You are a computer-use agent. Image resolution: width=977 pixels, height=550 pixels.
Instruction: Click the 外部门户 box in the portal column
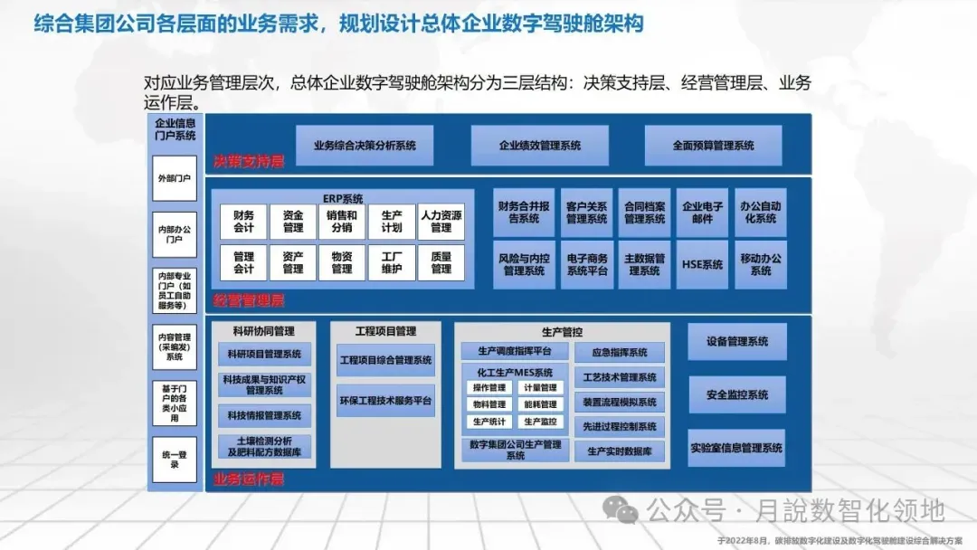point(174,179)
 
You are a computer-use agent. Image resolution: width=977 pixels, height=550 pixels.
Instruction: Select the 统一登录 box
point(174,459)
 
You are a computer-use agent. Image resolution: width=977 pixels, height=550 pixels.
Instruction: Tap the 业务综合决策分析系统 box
point(365,146)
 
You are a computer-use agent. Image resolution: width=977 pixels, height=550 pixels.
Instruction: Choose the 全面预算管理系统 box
point(713,146)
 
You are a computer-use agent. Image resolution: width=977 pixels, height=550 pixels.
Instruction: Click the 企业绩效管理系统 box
point(539,146)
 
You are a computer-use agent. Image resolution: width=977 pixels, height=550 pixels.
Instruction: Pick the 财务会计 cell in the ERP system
point(243,222)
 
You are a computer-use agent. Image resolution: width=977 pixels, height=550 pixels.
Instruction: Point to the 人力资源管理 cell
point(441,222)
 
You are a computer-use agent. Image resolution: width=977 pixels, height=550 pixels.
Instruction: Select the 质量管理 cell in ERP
point(441,263)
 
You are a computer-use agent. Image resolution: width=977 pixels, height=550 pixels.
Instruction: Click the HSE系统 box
point(702,265)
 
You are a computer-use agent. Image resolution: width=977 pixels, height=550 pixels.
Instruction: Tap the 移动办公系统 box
point(761,265)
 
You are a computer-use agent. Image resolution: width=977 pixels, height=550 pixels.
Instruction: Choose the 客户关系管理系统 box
point(586,213)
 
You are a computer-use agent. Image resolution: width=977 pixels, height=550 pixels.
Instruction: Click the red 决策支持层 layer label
point(249,162)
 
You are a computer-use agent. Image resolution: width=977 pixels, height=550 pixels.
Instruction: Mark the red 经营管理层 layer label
point(249,300)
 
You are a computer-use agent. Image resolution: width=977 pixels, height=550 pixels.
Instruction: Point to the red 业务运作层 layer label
point(249,479)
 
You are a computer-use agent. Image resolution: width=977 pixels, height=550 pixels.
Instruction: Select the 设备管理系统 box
point(737,342)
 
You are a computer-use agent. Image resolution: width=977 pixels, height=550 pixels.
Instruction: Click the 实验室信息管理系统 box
point(737,448)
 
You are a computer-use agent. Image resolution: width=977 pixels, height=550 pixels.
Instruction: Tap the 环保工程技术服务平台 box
point(385,400)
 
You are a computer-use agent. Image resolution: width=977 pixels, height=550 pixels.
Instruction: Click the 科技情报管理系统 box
point(264,415)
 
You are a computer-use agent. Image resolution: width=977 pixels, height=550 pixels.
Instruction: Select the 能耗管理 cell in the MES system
point(540,404)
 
